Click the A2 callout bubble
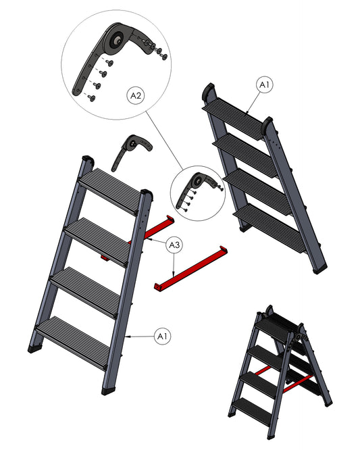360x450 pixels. coord(136,95)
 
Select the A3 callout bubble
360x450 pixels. coord(174,245)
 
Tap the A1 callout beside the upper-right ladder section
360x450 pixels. coord(264,84)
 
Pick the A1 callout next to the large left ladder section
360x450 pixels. coord(162,336)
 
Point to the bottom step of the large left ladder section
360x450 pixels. coord(73,343)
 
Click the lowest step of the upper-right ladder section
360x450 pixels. coord(269,228)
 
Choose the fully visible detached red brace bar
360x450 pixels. coord(190,268)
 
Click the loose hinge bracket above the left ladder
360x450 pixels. coord(131,152)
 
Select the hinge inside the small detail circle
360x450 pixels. coord(198,191)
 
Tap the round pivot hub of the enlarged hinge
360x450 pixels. coord(117,40)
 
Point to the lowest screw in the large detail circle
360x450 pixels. coord(91,98)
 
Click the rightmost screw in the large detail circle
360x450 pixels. coord(164,56)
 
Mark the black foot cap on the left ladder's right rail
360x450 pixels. coord(109,391)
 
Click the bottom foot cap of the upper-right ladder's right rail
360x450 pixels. coord(319,269)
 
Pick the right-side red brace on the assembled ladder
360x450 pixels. coord(298,384)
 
